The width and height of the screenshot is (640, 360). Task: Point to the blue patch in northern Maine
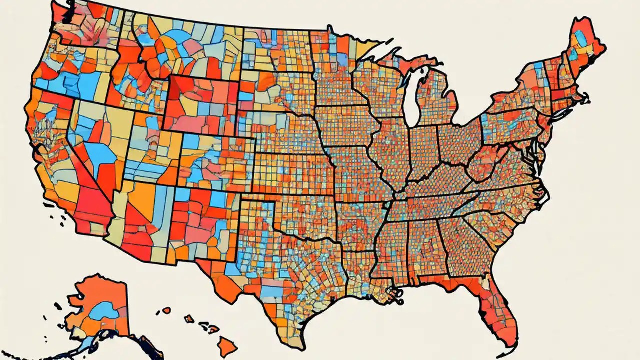click(x=580, y=37)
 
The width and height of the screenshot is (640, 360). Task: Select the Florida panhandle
click(x=440, y=282)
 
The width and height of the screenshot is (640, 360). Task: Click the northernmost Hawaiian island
click(x=166, y=310)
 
